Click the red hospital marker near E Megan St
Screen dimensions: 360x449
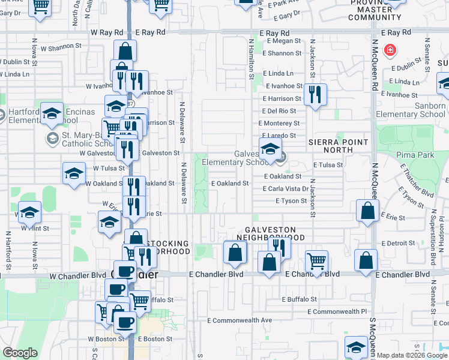(x=390, y=50)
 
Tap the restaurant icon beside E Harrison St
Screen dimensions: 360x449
(x=315, y=94)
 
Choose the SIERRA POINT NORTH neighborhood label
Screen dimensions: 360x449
(x=337, y=142)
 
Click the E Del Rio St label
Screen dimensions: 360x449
(x=279, y=111)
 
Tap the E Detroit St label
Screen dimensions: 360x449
(x=399, y=242)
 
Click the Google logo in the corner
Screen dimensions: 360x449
(x=20, y=353)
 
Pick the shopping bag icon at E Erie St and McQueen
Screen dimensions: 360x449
(x=367, y=211)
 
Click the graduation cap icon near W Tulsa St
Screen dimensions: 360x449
(x=74, y=173)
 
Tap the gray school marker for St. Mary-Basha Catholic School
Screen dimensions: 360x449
(x=52, y=139)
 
